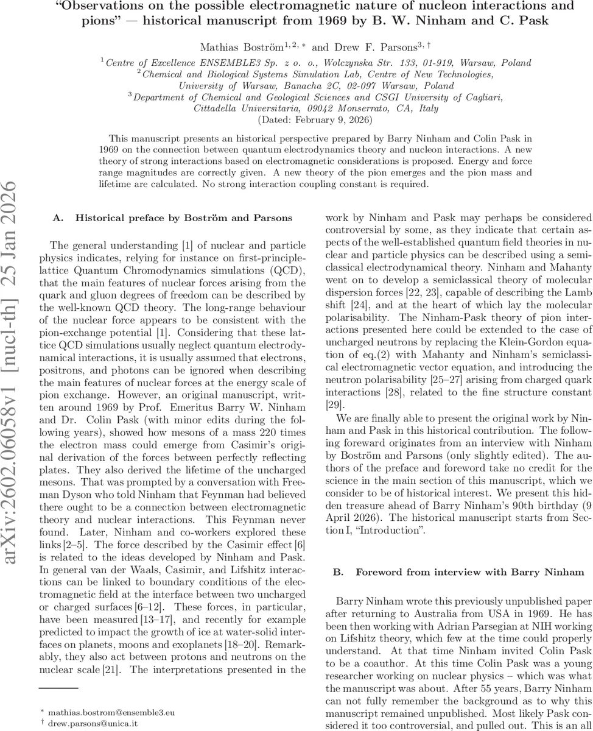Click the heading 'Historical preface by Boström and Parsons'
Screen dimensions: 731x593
click(183, 217)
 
